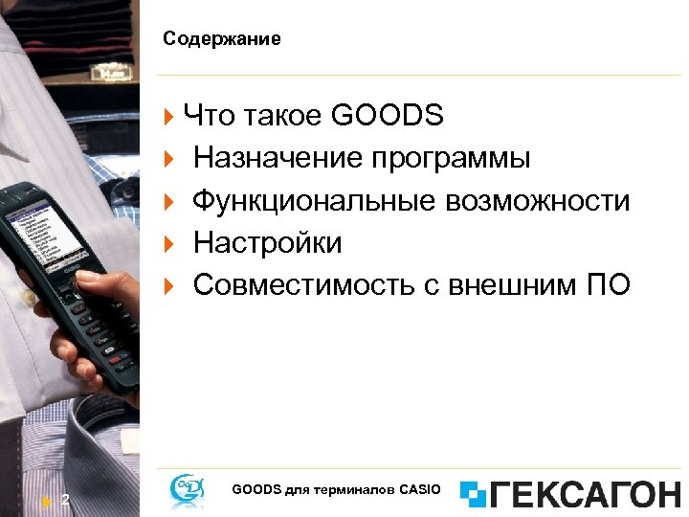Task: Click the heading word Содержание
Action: (x=221, y=39)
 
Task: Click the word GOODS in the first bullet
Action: (x=387, y=116)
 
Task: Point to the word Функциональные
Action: (x=313, y=200)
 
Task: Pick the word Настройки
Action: (x=267, y=242)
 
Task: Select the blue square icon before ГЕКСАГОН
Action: (x=473, y=494)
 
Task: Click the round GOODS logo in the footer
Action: (x=186, y=490)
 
